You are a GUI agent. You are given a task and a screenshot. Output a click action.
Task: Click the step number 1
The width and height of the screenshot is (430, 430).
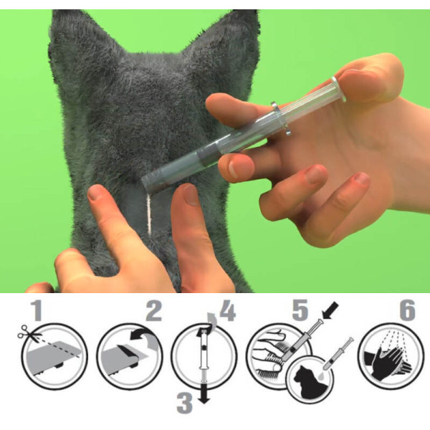click(x=37, y=310)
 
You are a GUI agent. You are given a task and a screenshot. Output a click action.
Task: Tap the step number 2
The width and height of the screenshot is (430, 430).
click(x=154, y=310)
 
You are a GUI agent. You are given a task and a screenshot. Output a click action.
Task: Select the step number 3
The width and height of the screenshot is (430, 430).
click(x=185, y=403)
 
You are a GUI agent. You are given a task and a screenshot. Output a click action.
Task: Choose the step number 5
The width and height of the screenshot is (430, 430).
click(x=300, y=310)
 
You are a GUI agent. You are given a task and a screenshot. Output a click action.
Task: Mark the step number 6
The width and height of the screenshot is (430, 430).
click(x=408, y=310)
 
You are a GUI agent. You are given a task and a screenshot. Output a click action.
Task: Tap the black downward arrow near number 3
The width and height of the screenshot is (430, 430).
click(x=204, y=393)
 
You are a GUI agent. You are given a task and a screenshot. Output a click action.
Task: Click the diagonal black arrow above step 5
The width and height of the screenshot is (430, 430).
click(x=331, y=310)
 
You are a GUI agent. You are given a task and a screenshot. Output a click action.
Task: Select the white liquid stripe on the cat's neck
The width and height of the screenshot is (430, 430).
click(x=149, y=214)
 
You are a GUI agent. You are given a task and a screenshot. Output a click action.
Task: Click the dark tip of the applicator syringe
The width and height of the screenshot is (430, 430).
click(x=150, y=181)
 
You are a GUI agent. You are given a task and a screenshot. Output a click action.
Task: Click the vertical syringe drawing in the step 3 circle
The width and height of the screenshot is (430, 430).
click(x=204, y=356)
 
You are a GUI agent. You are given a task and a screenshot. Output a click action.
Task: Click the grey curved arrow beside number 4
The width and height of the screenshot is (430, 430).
click(x=211, y=319)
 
